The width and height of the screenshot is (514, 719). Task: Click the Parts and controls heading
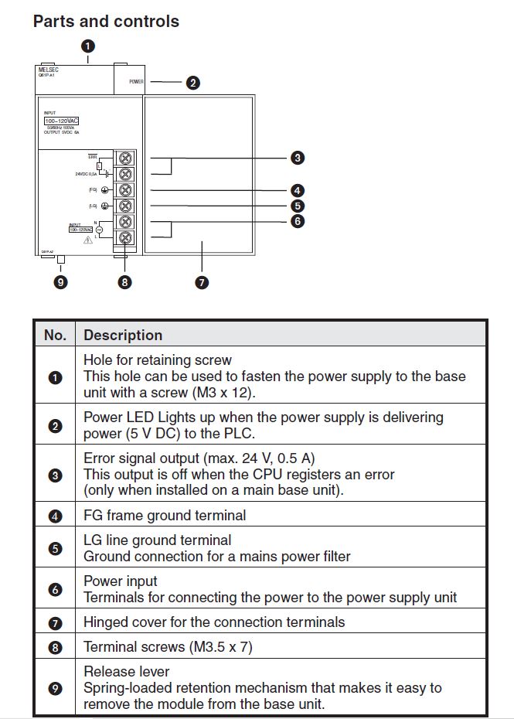coord(106,22)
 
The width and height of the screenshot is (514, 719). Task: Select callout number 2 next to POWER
coord(193,81)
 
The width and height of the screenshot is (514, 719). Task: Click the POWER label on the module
coord(136,81)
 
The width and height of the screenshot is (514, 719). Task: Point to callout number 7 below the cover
coord(202,282)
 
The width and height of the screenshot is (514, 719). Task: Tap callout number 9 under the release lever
coord(60,282)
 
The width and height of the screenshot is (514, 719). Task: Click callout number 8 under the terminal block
coord(125,282)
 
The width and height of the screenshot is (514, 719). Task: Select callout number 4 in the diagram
coord(298,190)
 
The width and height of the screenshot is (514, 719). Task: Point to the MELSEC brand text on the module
coord(49,70)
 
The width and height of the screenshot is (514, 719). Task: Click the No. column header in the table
coord(55,335)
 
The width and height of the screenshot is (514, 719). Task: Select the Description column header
coord(123,335)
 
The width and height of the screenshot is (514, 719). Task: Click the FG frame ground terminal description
coord(165,515)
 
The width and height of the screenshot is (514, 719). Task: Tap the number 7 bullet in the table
coord(55,622)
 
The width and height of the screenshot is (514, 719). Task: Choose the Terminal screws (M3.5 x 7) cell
coord(168,646)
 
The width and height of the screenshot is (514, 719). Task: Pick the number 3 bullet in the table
coord(55,475)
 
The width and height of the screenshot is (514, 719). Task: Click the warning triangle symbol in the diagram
coord(88,240)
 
